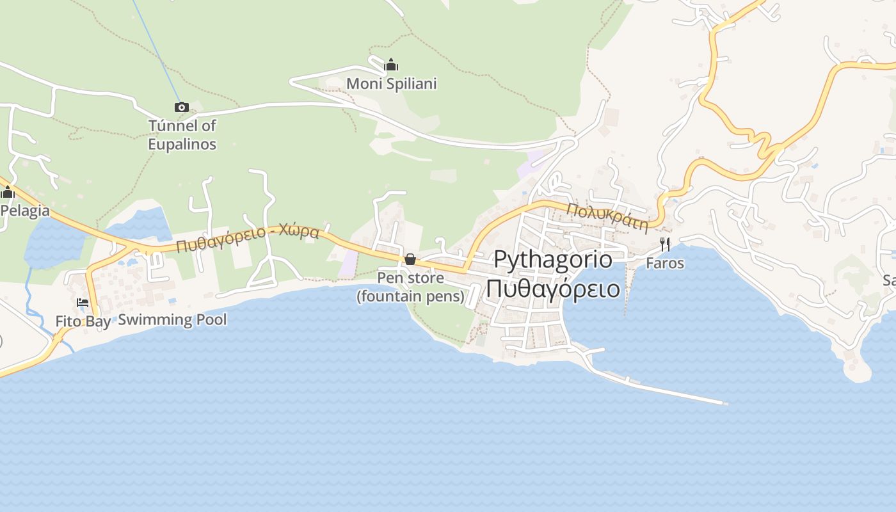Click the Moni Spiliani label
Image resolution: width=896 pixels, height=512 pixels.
[391, 84]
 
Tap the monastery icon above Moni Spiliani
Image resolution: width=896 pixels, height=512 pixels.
[391, 65]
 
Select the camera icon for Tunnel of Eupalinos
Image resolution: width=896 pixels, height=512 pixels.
[182, 107]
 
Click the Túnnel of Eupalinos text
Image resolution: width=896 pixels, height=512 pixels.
[182, 134]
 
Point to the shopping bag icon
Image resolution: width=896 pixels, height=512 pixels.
[410, 259]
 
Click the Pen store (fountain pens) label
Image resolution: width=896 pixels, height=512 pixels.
[410, 287]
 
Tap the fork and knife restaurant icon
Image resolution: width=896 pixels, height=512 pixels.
[665, 244]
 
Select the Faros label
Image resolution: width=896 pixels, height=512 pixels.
[665, 263]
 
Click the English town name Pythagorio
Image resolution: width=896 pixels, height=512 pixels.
[552, 260]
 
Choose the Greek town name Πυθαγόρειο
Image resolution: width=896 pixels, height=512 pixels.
[552, 289]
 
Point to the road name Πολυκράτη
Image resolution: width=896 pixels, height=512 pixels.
[607, 216]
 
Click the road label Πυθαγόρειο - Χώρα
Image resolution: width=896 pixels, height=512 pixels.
[248, 238]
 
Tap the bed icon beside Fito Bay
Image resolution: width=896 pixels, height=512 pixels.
[83, 303]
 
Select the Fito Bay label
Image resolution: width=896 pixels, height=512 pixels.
[83, 321]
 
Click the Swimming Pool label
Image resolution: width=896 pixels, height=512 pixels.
[172, 319]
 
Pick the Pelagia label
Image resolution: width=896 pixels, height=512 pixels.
[25, 211]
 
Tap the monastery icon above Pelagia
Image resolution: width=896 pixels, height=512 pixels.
[8, 192]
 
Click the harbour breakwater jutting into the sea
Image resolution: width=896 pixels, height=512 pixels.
[659, 388]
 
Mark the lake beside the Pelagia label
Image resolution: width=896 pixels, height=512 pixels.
[54, 243]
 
